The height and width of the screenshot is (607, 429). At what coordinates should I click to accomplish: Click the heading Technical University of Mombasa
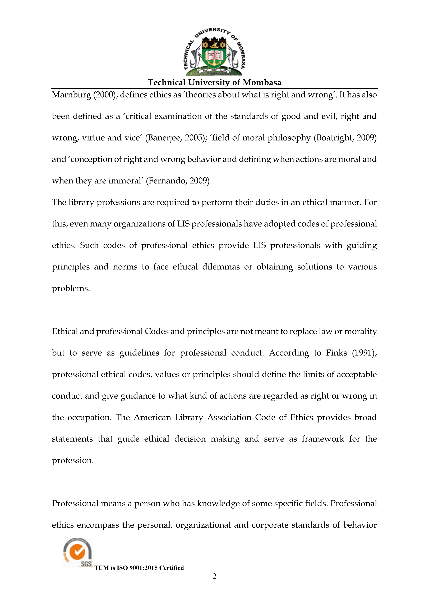pyautogui.click(x=214, y=83)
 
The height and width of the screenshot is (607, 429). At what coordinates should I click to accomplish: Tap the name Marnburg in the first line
pyautogui.click(x=71, y=95)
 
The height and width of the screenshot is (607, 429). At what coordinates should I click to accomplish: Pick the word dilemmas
pyautogui.click(x=221, y=267)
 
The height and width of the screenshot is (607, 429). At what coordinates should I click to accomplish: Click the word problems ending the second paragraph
pyautogui.click(x=71, y=288)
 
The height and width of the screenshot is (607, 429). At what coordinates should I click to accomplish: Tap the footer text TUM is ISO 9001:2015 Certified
pyautogui.click(x=139, y=568)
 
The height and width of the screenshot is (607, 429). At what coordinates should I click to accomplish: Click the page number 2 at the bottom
pyautogui.click(x=214, y=577)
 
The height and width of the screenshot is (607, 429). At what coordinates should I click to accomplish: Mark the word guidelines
pyautogui.click(x=139, y=353)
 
